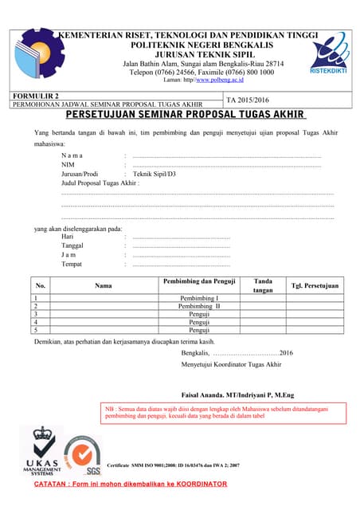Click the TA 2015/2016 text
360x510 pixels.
(x=248, y=101)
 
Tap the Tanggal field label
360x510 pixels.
(x=73, y=246)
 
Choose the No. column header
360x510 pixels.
(x=41, y=284)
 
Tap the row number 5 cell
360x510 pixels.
(x=37, y=330)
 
